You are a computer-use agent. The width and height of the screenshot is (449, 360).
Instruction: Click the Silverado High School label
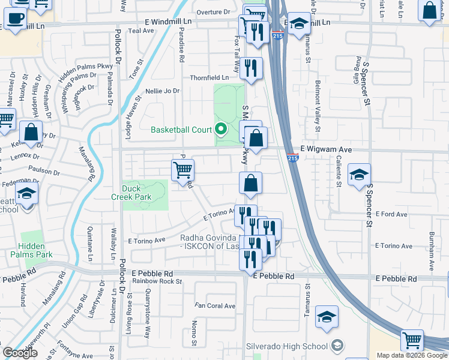[x=287, y=346]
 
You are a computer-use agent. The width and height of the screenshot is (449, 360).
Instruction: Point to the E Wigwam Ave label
[x=325, y=149]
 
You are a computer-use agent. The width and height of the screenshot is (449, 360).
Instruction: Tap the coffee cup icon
[x=15, y=18]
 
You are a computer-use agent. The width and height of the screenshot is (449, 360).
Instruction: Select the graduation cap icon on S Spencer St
[x=359, y=176]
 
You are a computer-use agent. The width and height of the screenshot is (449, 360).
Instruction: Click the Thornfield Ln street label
[x=209, y=77]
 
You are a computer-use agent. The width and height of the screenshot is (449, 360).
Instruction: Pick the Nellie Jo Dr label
[x=163, y=91]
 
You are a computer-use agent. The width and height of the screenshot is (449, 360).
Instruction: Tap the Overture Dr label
[x=215, y=11]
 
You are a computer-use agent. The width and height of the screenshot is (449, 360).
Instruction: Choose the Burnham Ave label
[x=430, y=246]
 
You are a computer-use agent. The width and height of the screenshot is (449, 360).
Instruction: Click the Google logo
[x=20, y=353]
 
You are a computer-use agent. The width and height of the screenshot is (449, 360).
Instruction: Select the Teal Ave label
[x=142, y=31]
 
